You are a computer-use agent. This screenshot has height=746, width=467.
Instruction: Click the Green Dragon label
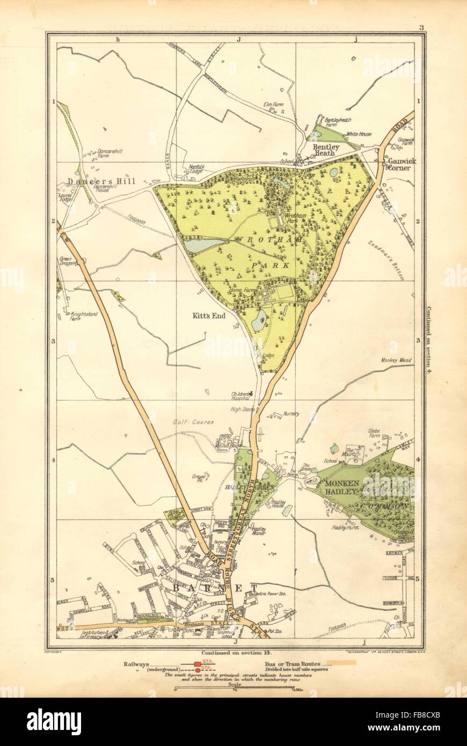tap(69, 260)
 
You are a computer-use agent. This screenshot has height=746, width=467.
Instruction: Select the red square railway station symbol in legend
tap(199, 664)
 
